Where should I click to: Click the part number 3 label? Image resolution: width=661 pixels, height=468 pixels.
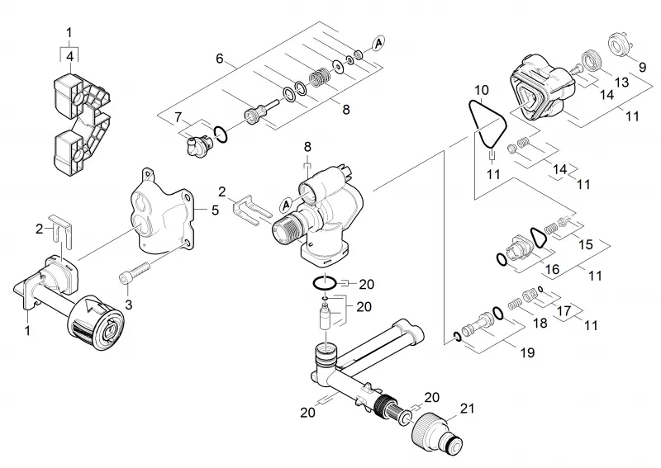tap(129, 305)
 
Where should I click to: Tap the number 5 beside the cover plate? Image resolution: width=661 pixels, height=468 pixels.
tap(216, 210)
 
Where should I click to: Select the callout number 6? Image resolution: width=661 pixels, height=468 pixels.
tap(220, 59)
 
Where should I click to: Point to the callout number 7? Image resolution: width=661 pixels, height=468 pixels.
tap(178, 117)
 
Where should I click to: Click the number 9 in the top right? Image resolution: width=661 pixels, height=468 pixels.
tap(642, 67)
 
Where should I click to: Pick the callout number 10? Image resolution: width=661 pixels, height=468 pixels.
tap(482, 90)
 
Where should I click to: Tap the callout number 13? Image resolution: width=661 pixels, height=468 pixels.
tap(621, 82)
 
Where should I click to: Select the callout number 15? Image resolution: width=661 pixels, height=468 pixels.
tap(586, 244)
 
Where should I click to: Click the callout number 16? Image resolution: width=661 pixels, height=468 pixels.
tap(552, 269)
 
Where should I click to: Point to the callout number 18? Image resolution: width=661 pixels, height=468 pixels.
tap(540, 323)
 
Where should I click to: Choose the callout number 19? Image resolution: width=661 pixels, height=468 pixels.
tap(527, 352)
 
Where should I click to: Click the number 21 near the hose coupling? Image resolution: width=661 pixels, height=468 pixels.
tap(467, 409)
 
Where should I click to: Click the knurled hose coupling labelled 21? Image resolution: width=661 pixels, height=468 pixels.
tap(436, 432)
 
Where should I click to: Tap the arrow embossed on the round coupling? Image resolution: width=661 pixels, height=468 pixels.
tap(92, 307)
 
